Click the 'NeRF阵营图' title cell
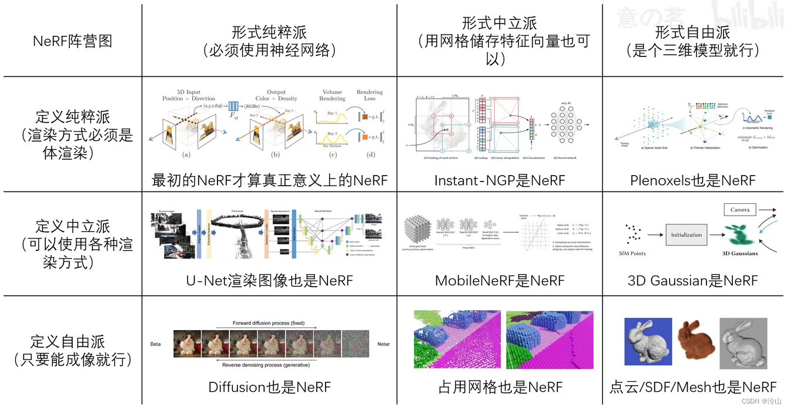click(73, 41)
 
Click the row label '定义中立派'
click(73, 226)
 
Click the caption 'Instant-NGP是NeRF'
click(499, 180)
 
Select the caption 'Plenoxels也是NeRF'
click(693, 180)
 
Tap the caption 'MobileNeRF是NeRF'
click(499, 280)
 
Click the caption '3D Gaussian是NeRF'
click(693, 280)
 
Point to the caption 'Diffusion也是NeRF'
click(269, 387)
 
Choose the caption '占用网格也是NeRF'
click(500, 387)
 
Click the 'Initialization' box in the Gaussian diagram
click(686, 235)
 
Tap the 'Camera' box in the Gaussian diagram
click(740, 210)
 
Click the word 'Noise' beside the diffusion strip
click(383, 344)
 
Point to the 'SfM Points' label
click(634, 253)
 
